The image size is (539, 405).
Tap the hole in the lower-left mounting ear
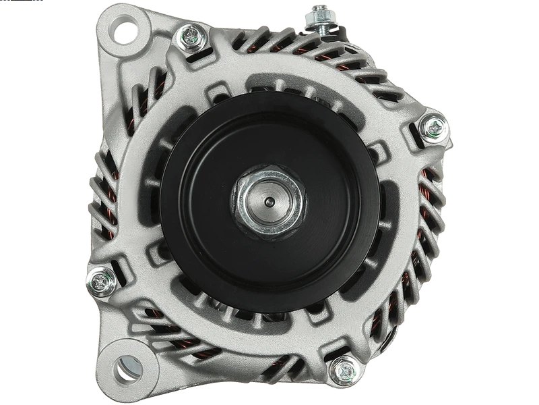(125, 369)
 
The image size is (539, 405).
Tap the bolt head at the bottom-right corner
(344, 371)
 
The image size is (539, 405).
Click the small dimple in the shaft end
(268, 201)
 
